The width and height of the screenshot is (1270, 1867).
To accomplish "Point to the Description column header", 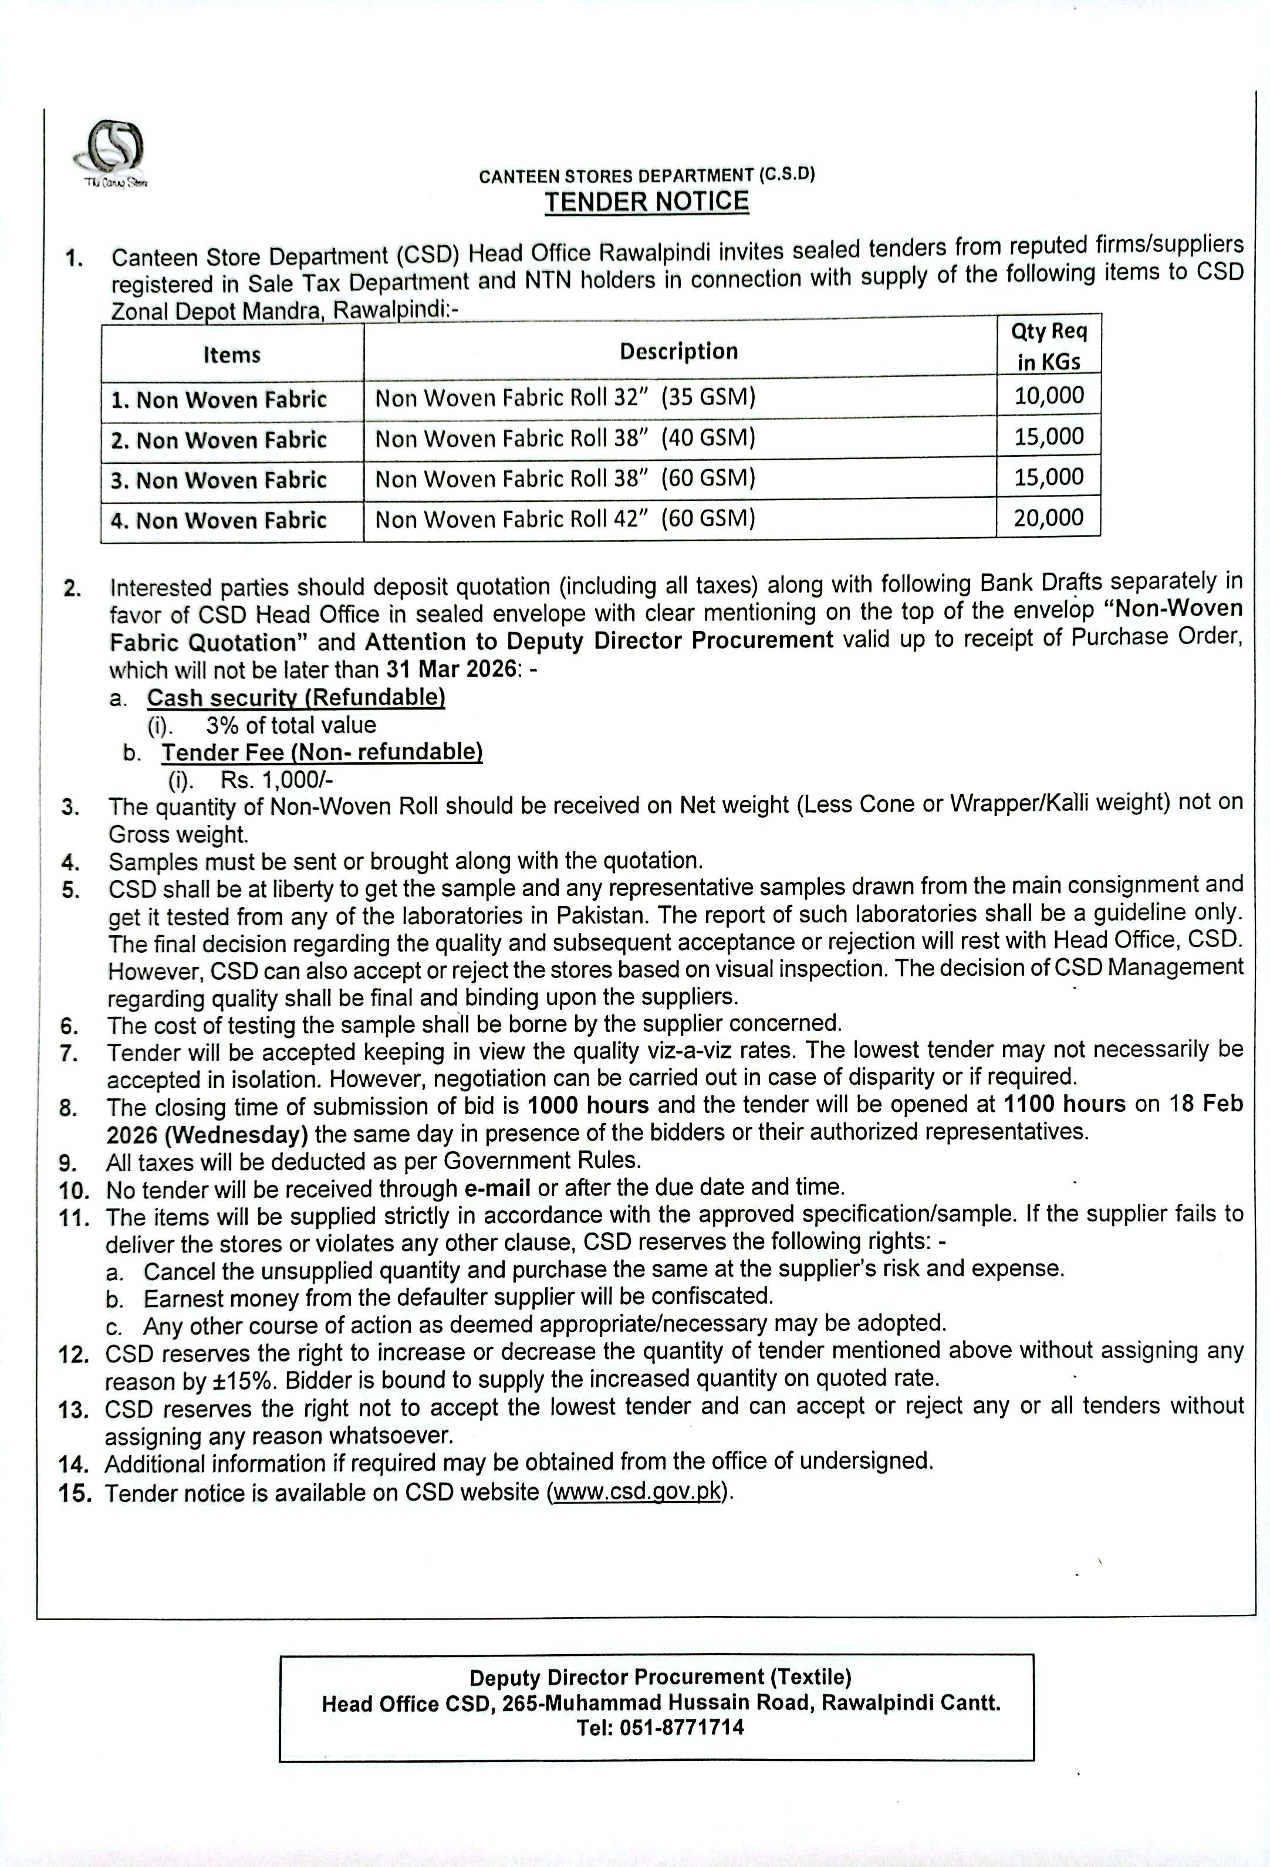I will tap(678, 351).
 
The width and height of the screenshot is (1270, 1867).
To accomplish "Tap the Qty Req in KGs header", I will tap(1048, 346).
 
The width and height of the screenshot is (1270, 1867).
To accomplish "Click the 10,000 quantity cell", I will tap(1048, 395).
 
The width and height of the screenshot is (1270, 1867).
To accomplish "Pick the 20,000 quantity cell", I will tap(1048, 517).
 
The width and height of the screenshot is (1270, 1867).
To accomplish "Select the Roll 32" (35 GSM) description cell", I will tap(566, 398).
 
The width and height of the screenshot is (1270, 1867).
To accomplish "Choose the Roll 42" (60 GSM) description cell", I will tap(566, 519).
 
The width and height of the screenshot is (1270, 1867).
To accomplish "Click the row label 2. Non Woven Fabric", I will tap(219, 440).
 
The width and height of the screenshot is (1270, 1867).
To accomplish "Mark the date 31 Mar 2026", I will tap(451, 669).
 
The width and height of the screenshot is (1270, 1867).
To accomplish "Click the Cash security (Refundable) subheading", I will tap(296, 697).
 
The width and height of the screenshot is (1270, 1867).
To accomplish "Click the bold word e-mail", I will tap(498, 1187).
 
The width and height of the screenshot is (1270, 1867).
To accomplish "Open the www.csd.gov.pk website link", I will tap(637, 1493).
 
